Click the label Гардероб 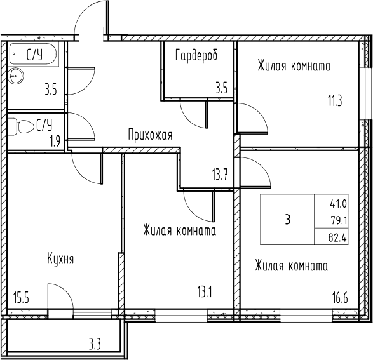pyautogui.click(x=196, y=55)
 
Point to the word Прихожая pyautogui.click(x=150, y=135)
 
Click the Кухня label pyautogui.click(x=60, y=259)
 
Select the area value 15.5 pyautogui.click(x=21, y=297)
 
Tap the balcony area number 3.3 pyautogui.click(x=95, y=345)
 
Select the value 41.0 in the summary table pyautogui.click(x=338, y=204)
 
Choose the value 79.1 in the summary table pyautogui.click(x=338, y=221)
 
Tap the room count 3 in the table pyautogui.click(x=288, y=220)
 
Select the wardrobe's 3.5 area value pyautogui.click(x=221, y=88)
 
